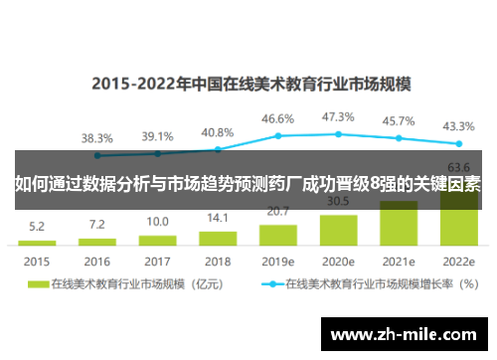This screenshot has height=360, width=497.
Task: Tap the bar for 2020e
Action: [339, 227]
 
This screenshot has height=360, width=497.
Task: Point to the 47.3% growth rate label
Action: [339, 117]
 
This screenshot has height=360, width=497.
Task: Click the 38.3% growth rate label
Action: [96, 137]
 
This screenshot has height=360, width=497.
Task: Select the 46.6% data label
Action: [278, 119]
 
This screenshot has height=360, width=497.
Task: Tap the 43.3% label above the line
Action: [459, 126]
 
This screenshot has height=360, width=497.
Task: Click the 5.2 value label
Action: [36, 227]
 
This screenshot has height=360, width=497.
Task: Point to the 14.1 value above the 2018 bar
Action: [218, 218]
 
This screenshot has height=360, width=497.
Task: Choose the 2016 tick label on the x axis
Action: [96, 261]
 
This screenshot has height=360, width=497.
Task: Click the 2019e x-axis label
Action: [278, 261]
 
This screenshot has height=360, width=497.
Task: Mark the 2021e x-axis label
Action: [399, 261]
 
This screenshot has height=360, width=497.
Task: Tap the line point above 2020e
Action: [339, 133]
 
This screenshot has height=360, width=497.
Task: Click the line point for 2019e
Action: [278, 135]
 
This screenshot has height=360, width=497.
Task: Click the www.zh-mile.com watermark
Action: [405, 332]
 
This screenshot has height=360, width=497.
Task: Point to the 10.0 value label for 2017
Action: [157, 222]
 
